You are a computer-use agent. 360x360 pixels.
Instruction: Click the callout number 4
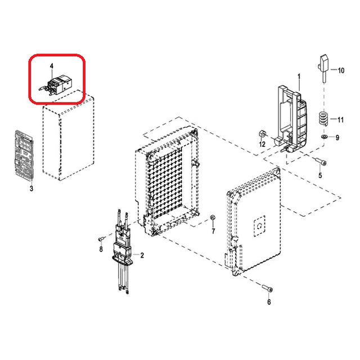click(x=52, y=66)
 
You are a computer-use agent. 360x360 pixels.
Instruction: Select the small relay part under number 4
click(x=56, y=84)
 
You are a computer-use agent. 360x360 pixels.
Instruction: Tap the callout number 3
click(x=31, y=189)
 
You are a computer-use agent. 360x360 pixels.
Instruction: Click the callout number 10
click(x=341, y=70)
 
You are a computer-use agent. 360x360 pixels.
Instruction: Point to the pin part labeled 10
click(x=324, y=69)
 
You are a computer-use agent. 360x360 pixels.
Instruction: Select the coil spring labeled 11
click(x=323, y=118)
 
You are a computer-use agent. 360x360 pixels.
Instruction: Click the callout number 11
click(x=340, y=120)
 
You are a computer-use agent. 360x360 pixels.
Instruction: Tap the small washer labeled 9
click(x=325, y=137)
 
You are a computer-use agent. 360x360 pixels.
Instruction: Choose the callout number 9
click(x=337, y=137)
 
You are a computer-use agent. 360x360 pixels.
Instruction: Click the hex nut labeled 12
click(x=262, y=133)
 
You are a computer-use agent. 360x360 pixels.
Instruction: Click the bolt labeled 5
click(x=321, y=161)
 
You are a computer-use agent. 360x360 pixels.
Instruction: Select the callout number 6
click(x=269, y=302)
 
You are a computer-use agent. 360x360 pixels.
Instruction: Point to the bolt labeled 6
click(x=267, y=288)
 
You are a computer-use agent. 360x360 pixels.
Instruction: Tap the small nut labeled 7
click(x=213, y=217)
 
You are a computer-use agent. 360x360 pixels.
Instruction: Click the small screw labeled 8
click(x=101, y=238)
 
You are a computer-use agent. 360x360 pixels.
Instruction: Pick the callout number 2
click(x=142, y=255)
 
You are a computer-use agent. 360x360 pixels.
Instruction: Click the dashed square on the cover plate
click(x=259, y=226)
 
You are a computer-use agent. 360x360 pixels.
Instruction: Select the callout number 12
click(x=262, y=144)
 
